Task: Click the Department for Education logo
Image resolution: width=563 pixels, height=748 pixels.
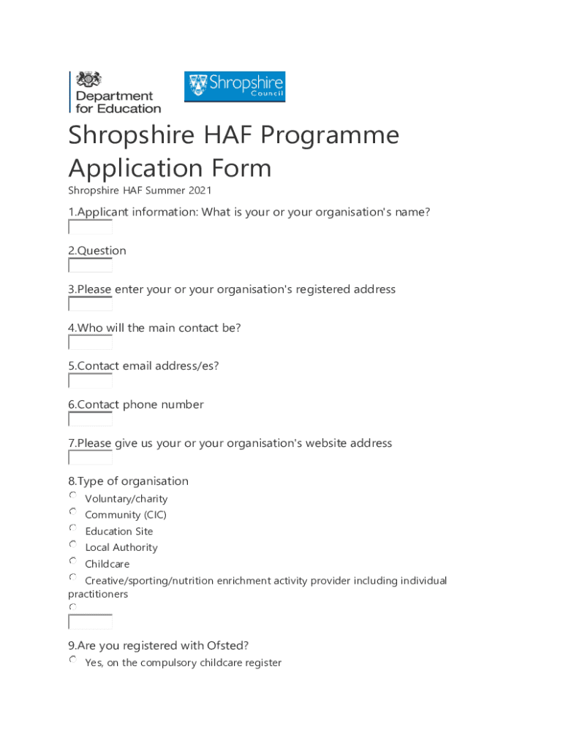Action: pos(115,92)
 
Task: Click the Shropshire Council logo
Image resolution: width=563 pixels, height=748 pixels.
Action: pos(234,86)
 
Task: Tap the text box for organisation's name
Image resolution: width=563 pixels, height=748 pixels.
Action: pos(90,227)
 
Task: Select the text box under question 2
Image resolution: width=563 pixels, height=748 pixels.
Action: pos(90,266)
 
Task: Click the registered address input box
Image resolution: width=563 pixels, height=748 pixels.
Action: pos(90,305)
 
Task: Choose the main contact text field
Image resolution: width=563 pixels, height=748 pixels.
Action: pos(90,343)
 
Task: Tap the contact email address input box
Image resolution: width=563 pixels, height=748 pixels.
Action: pos(90,381)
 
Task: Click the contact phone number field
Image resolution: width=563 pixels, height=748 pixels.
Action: pos(90,419)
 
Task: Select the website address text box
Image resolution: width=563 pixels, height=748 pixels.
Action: pos(90,458)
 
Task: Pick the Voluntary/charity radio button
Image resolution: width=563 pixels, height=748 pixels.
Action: pos(73,495)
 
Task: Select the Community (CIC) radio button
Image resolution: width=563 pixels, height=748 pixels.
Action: pos(73,511)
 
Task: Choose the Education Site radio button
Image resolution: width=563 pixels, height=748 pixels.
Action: pos(73,527)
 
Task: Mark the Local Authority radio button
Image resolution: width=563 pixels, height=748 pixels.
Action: pos(73,544)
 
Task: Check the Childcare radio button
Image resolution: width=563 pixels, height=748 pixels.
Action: pos(73,561)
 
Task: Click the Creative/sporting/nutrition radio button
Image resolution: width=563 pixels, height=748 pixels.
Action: pos(73,577)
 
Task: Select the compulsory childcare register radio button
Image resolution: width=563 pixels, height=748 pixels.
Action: pos(73,660)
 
